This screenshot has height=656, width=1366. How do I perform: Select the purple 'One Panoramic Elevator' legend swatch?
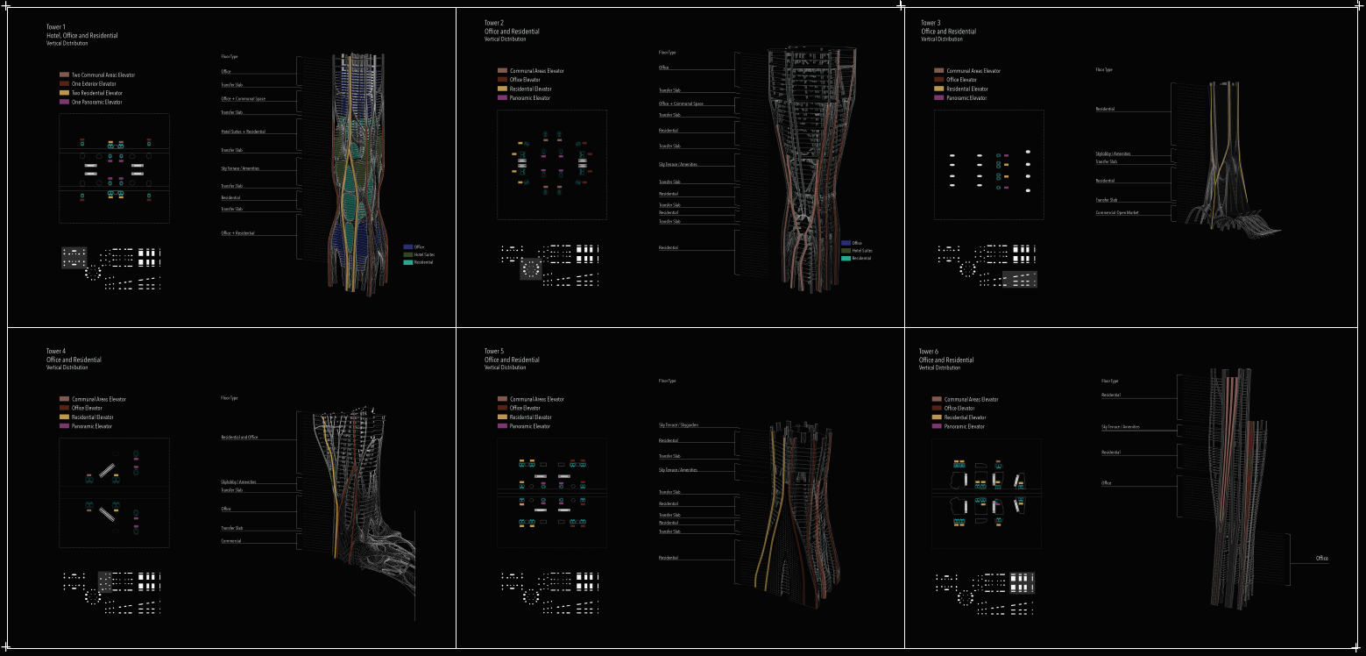pos(64,102)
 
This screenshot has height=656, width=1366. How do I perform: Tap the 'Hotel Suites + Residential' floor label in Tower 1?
pos(244,132)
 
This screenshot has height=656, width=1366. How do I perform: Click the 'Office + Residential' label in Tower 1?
pos(238,233)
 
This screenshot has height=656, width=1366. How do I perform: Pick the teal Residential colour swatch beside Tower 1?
pos(407,262)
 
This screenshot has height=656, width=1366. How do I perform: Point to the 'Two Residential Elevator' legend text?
pos(97,93)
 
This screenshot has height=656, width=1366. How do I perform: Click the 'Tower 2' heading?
pos(494,23)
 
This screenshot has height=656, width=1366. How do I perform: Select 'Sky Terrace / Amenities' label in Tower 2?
pos(678,164)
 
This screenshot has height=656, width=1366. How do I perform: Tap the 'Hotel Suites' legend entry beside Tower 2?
pos(862,251)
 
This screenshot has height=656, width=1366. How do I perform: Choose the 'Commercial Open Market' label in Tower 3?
pos(1116,212)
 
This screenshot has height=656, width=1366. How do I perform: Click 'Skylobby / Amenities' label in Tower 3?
pos(1113,153)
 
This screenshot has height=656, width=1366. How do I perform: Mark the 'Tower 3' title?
pos(931,23)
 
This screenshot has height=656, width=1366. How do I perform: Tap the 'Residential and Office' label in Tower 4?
pos(239,437)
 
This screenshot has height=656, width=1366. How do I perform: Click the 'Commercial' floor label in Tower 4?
pos(231,541)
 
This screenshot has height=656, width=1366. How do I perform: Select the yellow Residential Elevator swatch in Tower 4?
pos(64,417)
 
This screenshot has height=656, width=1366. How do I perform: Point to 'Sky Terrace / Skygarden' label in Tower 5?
pos(679,425)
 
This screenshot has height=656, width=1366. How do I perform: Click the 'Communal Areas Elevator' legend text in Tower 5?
pos(537,399)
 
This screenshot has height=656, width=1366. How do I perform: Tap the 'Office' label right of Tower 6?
pos(1322,559)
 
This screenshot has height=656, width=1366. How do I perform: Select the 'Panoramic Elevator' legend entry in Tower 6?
pos(965,426)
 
